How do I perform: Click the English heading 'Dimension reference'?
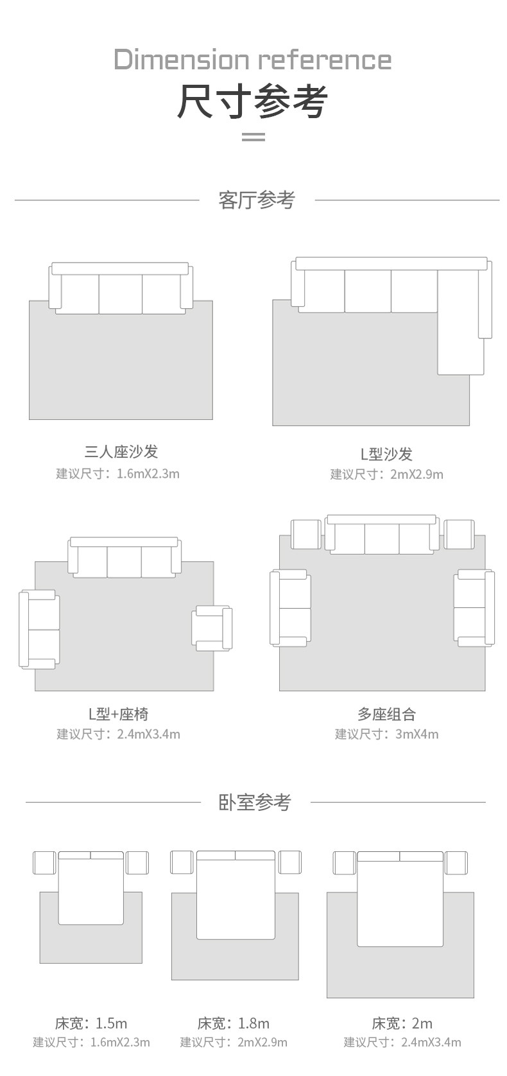click(253, 60)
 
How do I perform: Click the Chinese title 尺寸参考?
click(253, 101)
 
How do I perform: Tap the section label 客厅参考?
click(256, 200)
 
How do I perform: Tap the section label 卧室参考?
click(255, 802)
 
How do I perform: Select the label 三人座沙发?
click(121, 451)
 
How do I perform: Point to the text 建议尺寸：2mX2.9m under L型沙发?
click(386, 474)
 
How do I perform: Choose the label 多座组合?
click(386, 714)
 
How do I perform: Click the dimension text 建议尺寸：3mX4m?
click(386, 734)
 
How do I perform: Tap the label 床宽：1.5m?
click(91, 1023)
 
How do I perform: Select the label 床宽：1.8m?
click(234, 1023)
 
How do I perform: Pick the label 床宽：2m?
click(402, 1023)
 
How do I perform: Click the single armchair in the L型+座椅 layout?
click(212, 627)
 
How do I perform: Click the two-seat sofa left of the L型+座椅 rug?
click(40, 629)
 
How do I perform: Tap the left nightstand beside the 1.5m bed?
click(44, 862)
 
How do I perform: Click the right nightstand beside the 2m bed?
click(456, 862)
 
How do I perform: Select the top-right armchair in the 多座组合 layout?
click(459, 534)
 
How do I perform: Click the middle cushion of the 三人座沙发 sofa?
click(121, 293)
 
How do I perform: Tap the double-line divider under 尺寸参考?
click(253, 136)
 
